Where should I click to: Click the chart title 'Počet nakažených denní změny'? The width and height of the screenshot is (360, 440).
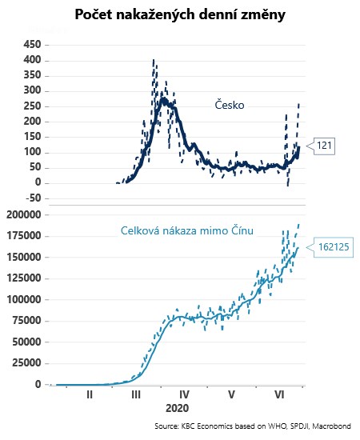point(180,14)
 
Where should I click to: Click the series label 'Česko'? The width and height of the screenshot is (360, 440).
point(230,105)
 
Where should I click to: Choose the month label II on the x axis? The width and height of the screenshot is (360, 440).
point(90,394)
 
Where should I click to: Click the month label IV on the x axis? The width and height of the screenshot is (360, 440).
point(184,394)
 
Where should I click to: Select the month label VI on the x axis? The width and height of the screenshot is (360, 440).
point(280,394)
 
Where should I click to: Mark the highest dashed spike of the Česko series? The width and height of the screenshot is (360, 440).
point(153,61)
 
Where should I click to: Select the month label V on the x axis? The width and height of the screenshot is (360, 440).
point(232,394)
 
